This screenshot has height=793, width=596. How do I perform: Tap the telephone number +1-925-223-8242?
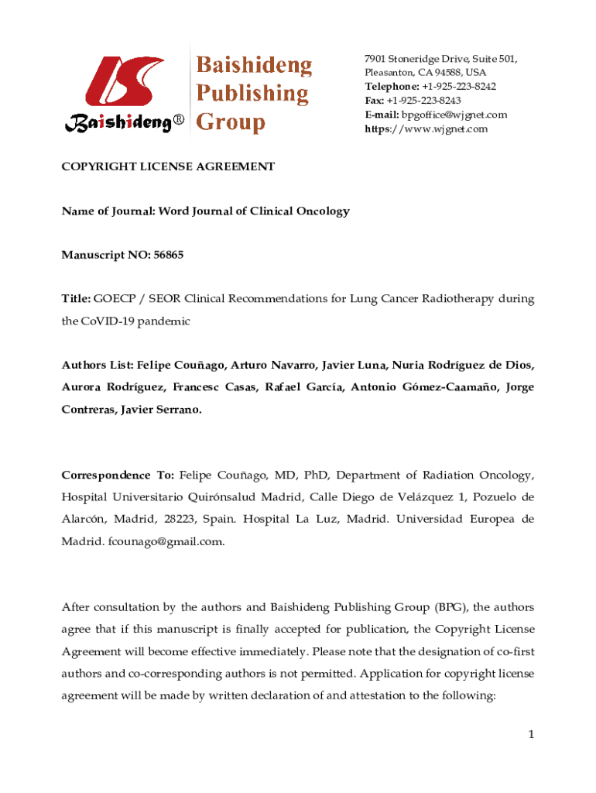459,87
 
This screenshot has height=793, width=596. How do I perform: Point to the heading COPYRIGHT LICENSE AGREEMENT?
168,166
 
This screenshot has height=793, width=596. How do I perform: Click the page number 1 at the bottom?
532,734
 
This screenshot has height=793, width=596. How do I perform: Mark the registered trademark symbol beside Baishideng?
177,122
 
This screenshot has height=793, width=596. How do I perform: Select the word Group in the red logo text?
230,122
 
